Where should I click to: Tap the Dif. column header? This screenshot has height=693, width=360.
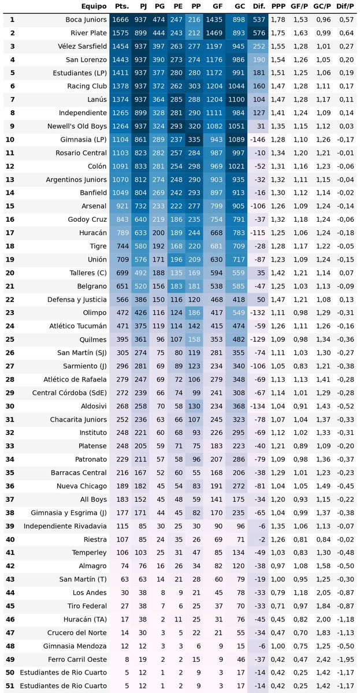click(259, 6)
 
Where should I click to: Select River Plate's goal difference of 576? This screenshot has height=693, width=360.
click(259, 33)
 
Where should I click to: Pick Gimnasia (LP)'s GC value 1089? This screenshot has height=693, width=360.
click(236, 140)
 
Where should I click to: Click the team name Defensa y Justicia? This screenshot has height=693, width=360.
click(77, 299)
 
